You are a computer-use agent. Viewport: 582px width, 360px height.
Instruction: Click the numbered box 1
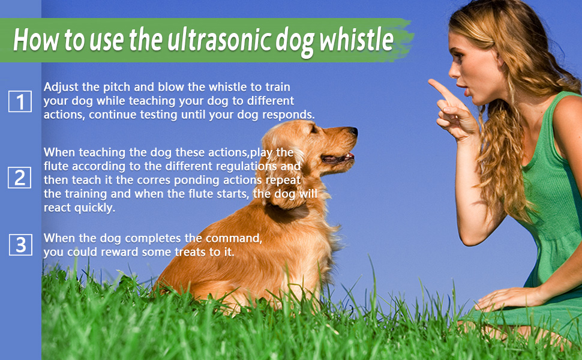click(20, 101)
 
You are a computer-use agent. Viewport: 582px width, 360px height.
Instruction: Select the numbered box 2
click(19, 178)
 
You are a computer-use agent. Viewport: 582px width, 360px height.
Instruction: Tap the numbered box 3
click(20, 245)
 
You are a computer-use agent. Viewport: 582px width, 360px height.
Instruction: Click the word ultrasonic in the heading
click(219, 40)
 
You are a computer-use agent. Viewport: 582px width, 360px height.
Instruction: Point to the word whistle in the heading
click(356, 40)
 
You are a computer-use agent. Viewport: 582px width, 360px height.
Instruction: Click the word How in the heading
click(36, 40)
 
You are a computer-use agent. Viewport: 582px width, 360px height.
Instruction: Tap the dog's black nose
click(353, 131)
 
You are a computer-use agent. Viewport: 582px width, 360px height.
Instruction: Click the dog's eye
click(314, 130)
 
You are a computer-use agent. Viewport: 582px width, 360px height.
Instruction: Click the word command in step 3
click(234, 238)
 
